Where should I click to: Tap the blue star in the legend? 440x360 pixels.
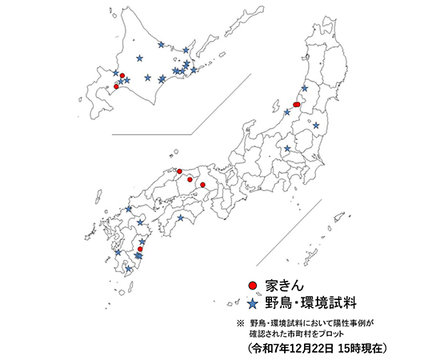tap(251, 303)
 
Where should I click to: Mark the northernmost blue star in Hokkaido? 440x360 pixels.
tap(162, 45)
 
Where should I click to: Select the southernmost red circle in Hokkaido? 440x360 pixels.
tap(117, 86)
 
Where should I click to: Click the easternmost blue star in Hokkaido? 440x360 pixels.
tap(194, 70)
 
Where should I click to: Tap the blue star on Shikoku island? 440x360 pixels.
tap(181, 218)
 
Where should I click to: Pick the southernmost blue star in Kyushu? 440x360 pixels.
tap(129, 269)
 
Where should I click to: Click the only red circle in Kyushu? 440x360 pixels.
tap(140, 250)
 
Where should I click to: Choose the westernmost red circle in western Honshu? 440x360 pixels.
tap(180, 171)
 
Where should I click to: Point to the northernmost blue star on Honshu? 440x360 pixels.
tap(305, 89)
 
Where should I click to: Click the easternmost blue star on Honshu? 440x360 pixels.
tap(317, 126)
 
